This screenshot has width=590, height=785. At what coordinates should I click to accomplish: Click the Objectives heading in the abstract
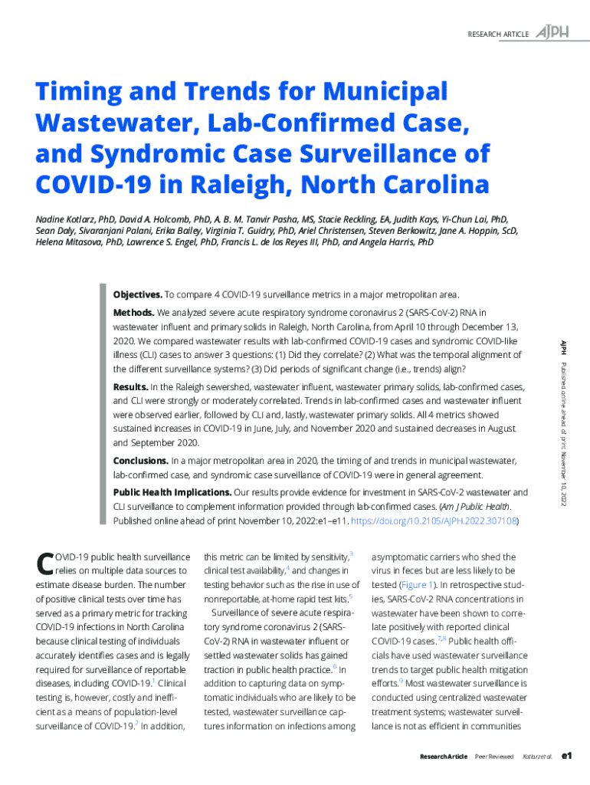(137, 294)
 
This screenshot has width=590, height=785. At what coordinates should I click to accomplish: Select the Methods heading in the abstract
(133, 313)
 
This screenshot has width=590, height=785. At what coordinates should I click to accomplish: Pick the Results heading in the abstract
(130, 386)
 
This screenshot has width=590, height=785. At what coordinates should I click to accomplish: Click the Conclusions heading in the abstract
(140, 460)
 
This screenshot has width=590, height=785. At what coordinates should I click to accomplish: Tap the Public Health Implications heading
(172, 492)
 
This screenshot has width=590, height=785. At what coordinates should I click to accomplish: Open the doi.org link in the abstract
(434, 521)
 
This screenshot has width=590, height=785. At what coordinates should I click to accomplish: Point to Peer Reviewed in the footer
(494, 757)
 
